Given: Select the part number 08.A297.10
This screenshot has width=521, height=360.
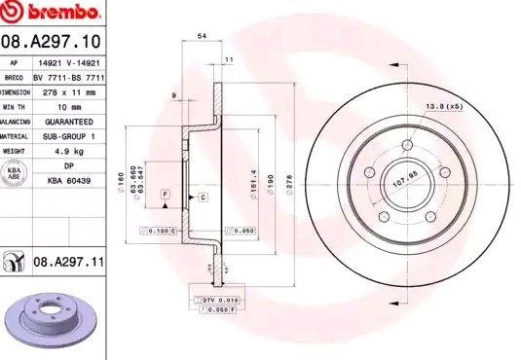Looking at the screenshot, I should click(53, 42).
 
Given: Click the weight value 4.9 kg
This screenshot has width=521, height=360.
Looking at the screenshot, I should click(67, 152).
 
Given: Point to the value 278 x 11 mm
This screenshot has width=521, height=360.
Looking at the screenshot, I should click(69, 91).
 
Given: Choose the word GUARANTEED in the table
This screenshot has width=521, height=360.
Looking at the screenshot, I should click(68, 122).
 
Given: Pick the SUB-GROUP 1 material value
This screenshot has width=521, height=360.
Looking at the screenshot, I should click(68, 136).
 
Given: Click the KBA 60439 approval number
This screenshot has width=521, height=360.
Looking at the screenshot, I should click(68, 181).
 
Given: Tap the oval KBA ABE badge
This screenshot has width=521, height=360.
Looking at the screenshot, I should click(14, 173).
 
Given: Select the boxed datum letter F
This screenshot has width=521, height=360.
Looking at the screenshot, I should click(167, 196).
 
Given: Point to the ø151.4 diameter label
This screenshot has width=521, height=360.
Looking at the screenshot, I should click(254, 180).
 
